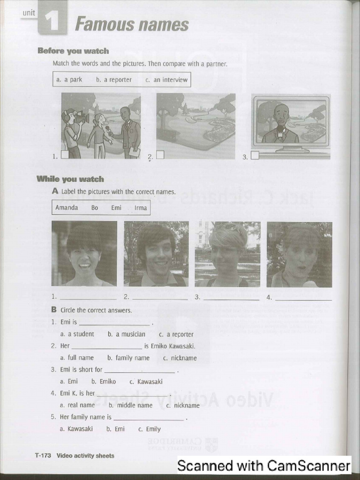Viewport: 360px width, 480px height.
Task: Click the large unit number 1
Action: pos(52,22)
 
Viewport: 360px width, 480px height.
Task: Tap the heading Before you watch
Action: pos(73,51)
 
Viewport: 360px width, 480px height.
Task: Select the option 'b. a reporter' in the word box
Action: pos(114,80)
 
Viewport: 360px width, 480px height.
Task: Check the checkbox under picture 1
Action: pos(65,154)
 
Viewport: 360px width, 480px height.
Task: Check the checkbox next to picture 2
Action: pos(160,155)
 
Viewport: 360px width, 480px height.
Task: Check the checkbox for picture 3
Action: pos(255,156)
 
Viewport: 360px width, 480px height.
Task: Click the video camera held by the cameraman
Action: pos(81,118)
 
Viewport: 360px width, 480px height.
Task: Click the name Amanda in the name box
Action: pos(67,208)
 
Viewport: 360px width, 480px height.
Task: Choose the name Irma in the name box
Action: pos(141,208)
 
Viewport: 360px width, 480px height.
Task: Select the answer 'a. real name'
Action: pos(77,405)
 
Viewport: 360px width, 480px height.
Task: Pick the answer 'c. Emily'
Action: pos(150,429)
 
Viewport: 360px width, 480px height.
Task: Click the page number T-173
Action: pos(43,455)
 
